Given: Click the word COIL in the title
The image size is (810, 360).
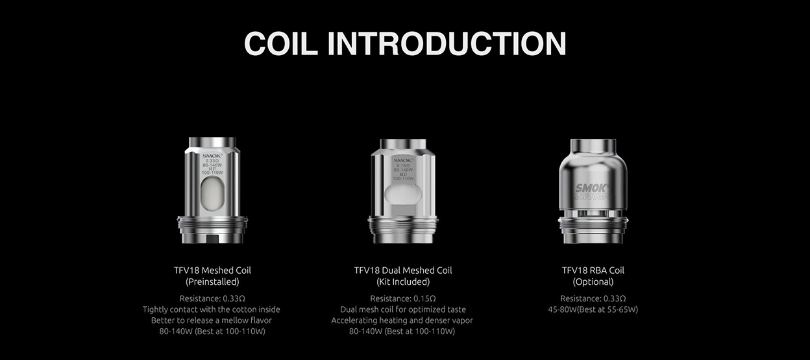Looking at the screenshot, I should pos(280,43).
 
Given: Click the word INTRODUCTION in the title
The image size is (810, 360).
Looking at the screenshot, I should pos(447,43).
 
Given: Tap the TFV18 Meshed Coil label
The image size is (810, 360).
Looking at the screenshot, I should pos(212,270).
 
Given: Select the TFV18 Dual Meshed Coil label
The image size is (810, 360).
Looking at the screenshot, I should pos(403,270).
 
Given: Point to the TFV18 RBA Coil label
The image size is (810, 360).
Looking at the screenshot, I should pos(593,270).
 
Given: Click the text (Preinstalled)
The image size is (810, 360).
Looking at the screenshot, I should pos(212,282).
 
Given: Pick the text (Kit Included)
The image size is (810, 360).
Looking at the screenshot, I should pos(403,282).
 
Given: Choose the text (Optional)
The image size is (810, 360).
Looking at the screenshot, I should pos(593,282).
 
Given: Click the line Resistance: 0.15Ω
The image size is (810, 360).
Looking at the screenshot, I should pos(403,298).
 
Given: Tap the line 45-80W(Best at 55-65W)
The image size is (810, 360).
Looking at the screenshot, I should pos(593,309).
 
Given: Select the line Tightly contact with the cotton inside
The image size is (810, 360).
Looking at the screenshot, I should pos(212,309).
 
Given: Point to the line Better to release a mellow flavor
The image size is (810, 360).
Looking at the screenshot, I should pos(212,320).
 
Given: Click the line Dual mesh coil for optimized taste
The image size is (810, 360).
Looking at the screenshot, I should pos(403,309).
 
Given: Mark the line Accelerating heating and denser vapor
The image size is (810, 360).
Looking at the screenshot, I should pos(402,320).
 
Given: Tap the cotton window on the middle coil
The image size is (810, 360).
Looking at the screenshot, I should pos(403,196).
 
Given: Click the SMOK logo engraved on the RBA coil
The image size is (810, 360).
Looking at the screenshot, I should pos(592,189).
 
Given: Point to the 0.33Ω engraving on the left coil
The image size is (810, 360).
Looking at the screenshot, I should pos(212,161).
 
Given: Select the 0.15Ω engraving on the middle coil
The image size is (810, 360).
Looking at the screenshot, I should pos(403,166).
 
